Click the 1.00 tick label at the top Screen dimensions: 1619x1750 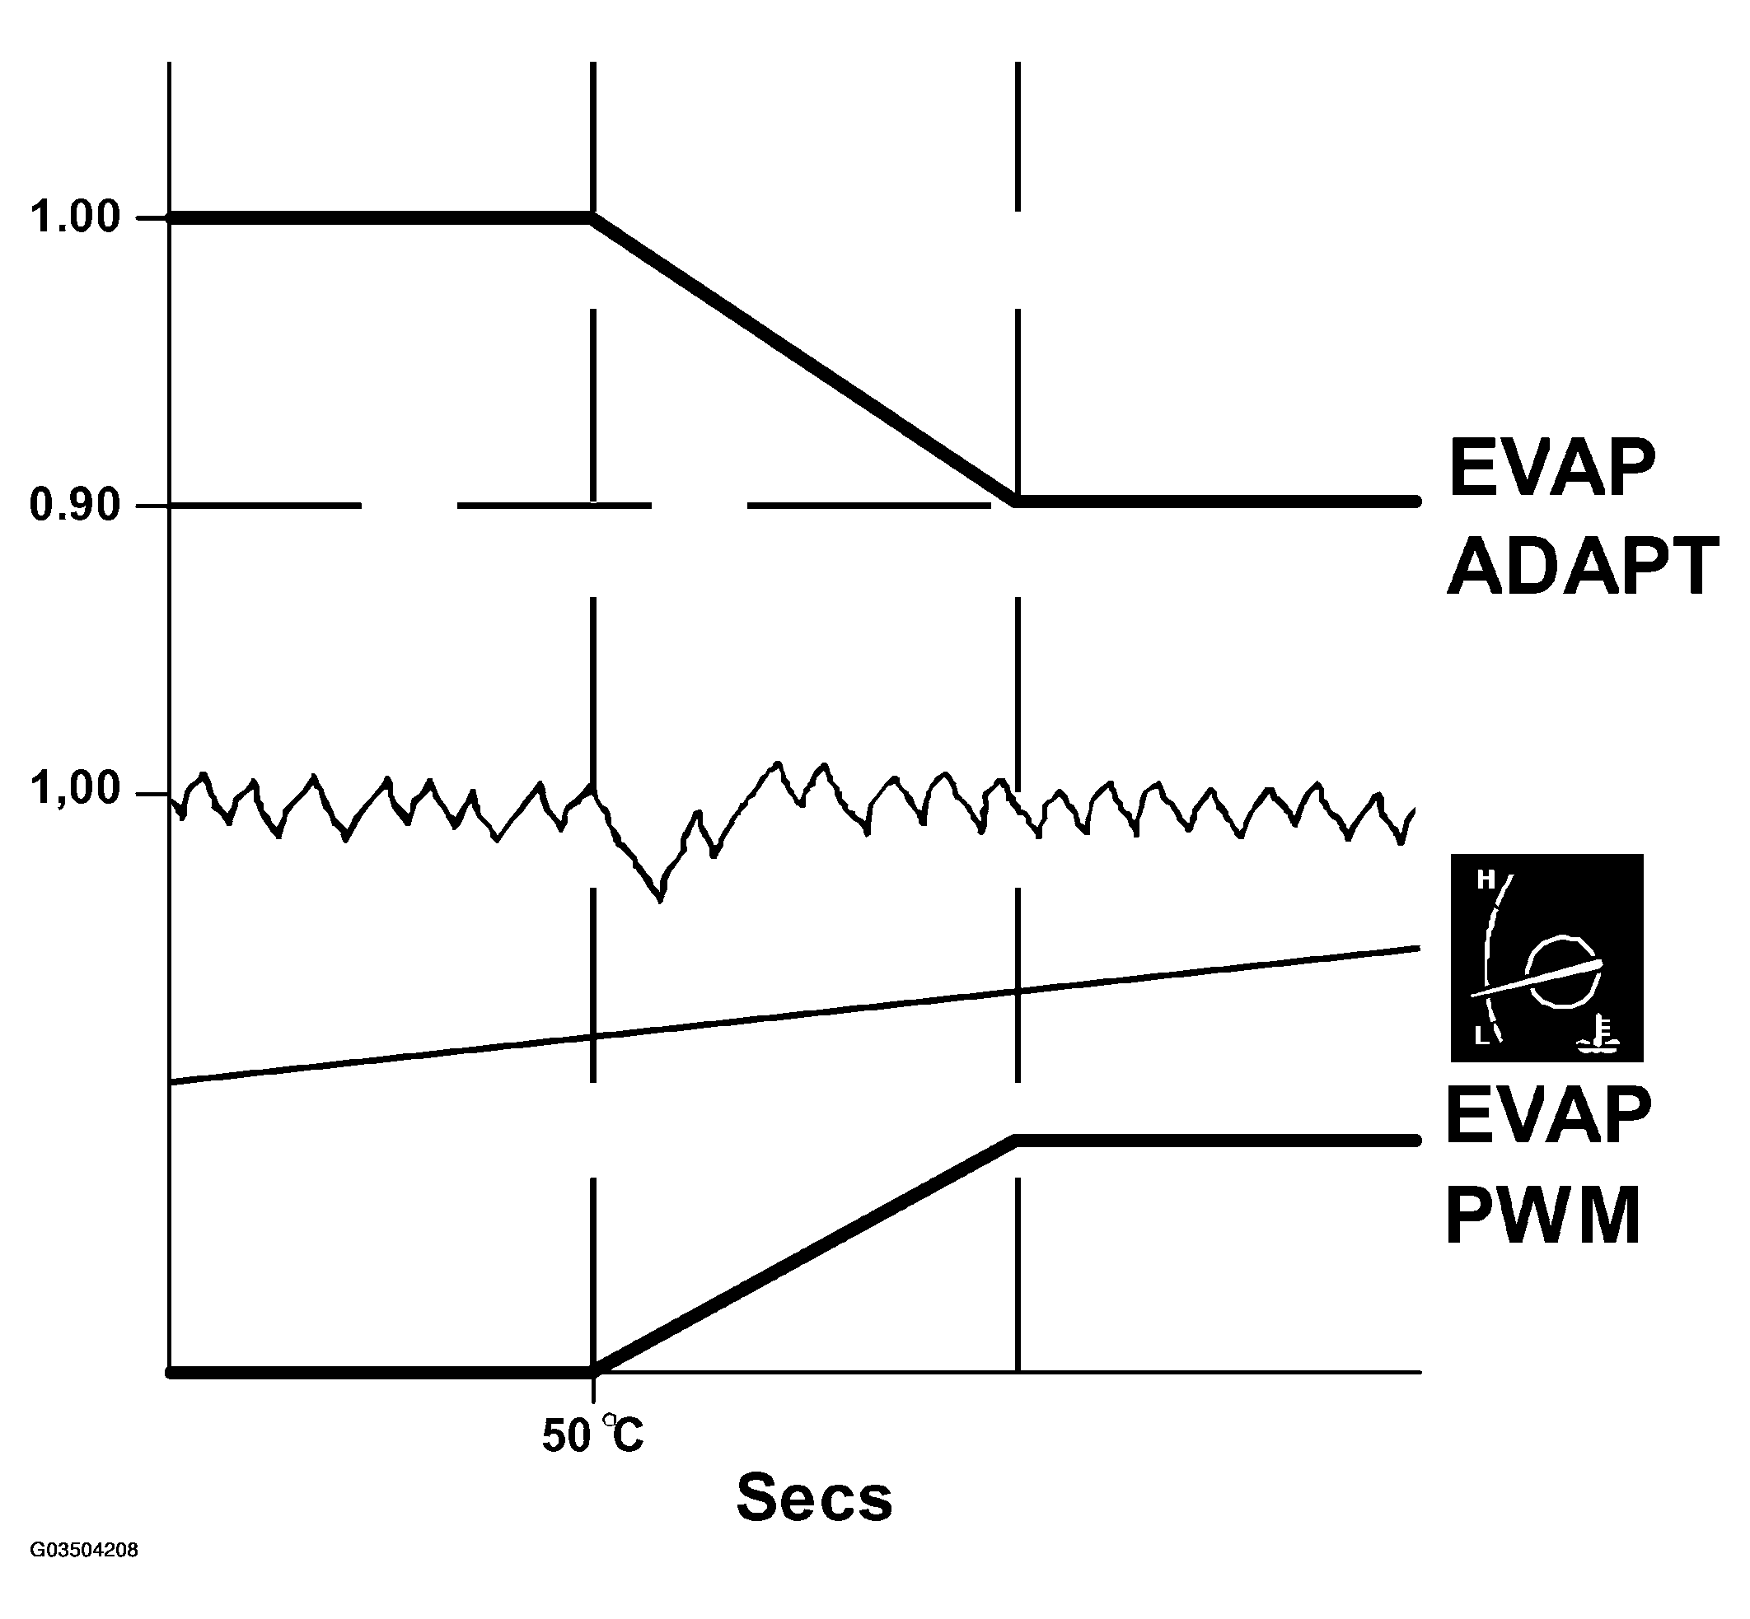pos(75,217)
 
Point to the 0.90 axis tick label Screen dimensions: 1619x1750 pos(75,506)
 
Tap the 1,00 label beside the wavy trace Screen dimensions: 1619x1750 pos(75,788)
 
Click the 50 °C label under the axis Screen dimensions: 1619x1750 pos(592,1435)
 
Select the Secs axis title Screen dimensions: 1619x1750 pos(814,1497)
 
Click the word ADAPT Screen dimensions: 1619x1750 pos(1583,567)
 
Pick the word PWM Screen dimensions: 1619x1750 pos(1542,1216)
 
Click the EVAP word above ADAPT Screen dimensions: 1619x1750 pos(1552,469)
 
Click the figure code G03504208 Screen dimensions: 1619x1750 pos(84,1575)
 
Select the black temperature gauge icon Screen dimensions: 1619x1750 pos(1546,959)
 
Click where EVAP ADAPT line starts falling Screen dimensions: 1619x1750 pos(593,217)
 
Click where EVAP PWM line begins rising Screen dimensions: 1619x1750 pos(594,1372)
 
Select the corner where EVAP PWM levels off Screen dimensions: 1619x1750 pos(1017,1141)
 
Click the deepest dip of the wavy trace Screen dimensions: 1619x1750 pos(661,898)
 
